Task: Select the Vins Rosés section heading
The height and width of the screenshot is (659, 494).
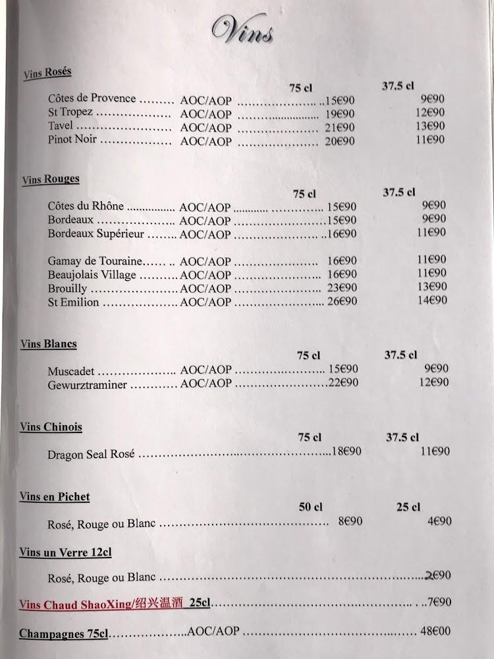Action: pos(47,73)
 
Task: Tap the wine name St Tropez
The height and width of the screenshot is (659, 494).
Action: pos(70,112)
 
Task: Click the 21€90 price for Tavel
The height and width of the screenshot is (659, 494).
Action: pos(339,127)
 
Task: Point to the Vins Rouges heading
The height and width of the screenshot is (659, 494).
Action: pos(50,179)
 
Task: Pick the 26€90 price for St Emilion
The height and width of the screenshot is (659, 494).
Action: pos(341,301)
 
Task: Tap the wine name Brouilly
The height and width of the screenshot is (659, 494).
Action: pos(67,289)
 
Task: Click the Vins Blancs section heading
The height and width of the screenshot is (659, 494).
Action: pos(48,344)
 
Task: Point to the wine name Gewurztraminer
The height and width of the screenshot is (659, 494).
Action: pos(87,385)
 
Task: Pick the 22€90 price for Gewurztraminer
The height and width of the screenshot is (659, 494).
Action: pos(343,382)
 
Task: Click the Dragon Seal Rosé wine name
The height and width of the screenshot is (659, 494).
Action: pos(91,454)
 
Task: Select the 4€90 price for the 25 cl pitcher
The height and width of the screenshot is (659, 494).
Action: pos(439,521)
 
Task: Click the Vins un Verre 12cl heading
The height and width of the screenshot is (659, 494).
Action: pos(65,552)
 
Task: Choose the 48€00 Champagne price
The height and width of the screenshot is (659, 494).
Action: pos(436,631)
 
